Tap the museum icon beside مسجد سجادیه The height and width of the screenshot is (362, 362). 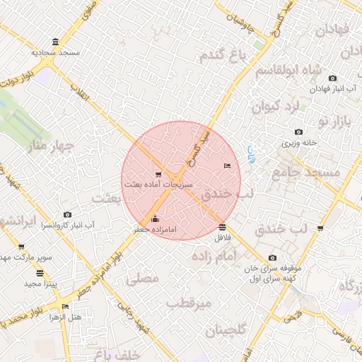[56, 42]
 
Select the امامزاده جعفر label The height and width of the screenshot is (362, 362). [154, 230]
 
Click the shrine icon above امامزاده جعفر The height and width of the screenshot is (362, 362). [156, 218]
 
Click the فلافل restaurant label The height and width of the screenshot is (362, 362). [223, 238]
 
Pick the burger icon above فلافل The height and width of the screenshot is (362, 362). [223, 227]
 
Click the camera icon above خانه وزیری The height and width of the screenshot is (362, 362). [298, 132]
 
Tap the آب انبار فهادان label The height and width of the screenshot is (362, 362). [334, 89]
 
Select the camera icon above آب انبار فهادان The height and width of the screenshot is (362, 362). [332, 78]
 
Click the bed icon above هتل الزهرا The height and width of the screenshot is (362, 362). [66, 306]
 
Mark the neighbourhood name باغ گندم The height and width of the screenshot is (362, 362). [221, 55]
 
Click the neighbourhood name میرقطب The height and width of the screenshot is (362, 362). [189, 303]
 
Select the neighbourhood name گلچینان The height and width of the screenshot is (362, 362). [226, 330]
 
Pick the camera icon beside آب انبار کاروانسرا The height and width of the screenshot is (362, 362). [67, 214]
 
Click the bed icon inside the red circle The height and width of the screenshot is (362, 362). [226, 165]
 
